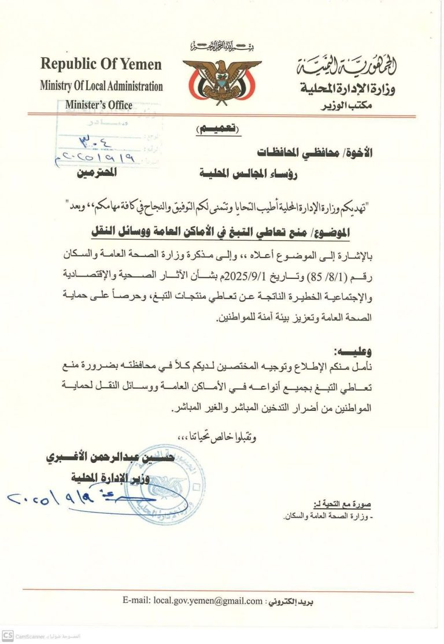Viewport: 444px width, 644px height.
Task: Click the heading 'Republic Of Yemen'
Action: pos(101,64)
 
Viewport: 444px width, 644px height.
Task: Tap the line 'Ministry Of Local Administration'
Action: pos(101,86)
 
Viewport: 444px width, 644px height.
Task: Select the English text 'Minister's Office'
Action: pos(99,105)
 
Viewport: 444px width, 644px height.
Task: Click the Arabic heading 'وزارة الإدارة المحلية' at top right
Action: pos(353,89)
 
